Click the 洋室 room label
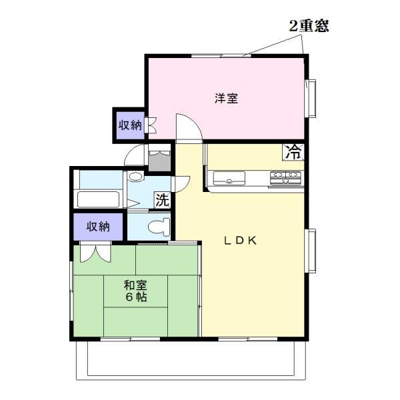[x=227, y=98]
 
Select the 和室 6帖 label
[x=136, y=291]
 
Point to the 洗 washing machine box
[x=162, y=199]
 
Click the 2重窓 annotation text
[x=309, y=26]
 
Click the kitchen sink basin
[x=229, y=178]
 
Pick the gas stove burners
[x=286, y=177]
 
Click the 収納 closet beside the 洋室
[x=130, y=125]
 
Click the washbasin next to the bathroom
[x=135, y=178]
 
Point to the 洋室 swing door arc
[x=187, y=127]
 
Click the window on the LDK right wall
[x=311, y=250]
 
